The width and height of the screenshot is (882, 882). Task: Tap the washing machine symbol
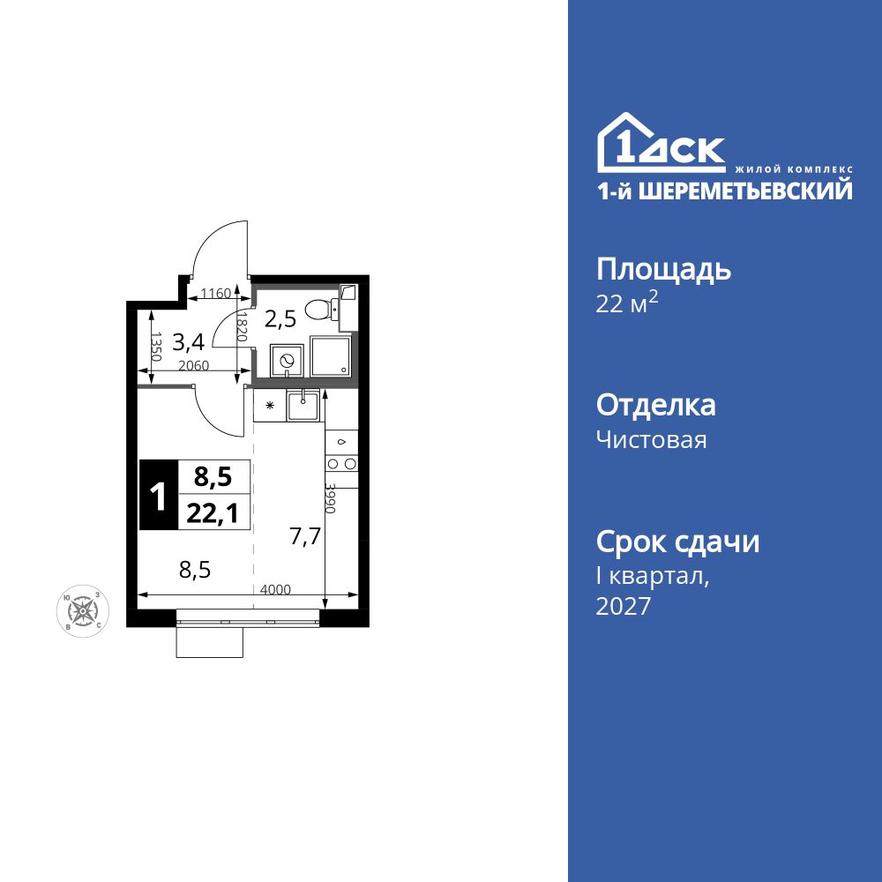click(286, 360)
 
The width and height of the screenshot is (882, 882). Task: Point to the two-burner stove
click(341, 463)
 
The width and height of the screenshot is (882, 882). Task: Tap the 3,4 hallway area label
click(189, 340)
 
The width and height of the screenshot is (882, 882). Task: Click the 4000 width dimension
click(276, 590)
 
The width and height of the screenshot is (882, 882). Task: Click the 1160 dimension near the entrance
click(215, 293)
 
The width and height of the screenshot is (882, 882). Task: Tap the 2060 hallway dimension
click(192, 366)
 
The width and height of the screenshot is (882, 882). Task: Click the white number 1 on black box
click(159, 496)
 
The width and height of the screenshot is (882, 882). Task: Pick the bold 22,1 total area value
click(213, 513)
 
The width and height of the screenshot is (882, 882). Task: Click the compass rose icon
click(83, 609)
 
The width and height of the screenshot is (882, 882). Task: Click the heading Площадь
click(663, 269)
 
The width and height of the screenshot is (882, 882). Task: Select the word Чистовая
click(651, 439)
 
